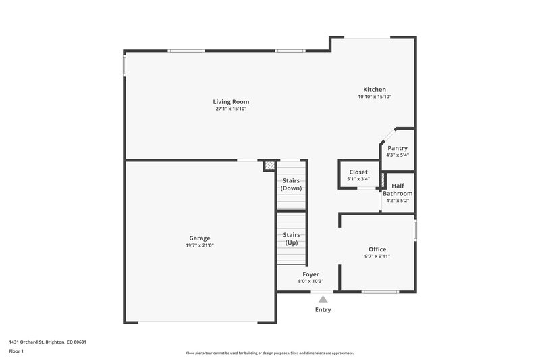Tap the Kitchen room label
click(x=375, y=90)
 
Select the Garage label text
click(x=199, y=238)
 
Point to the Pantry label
click(x=397, y=148)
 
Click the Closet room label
click(x=358, y=172)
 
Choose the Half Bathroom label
click(x=398, y=190)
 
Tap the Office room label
click(x=377, y=249)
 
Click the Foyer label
click(x=310, y=274)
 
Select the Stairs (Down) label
click(x=291, y=184)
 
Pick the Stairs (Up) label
click(x=291, y=238)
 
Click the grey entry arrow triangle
click(x=323, y=298)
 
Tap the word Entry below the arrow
click(x=323, y=310)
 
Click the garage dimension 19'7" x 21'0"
click(x=199, y=245)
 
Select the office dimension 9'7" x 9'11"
click(x=377, y=256)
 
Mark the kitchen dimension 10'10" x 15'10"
click(x=375, y=97)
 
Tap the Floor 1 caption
click(x=17, y=351)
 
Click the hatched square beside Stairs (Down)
click(x=269, y=165)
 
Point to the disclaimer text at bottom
click(x=269, y=353)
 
